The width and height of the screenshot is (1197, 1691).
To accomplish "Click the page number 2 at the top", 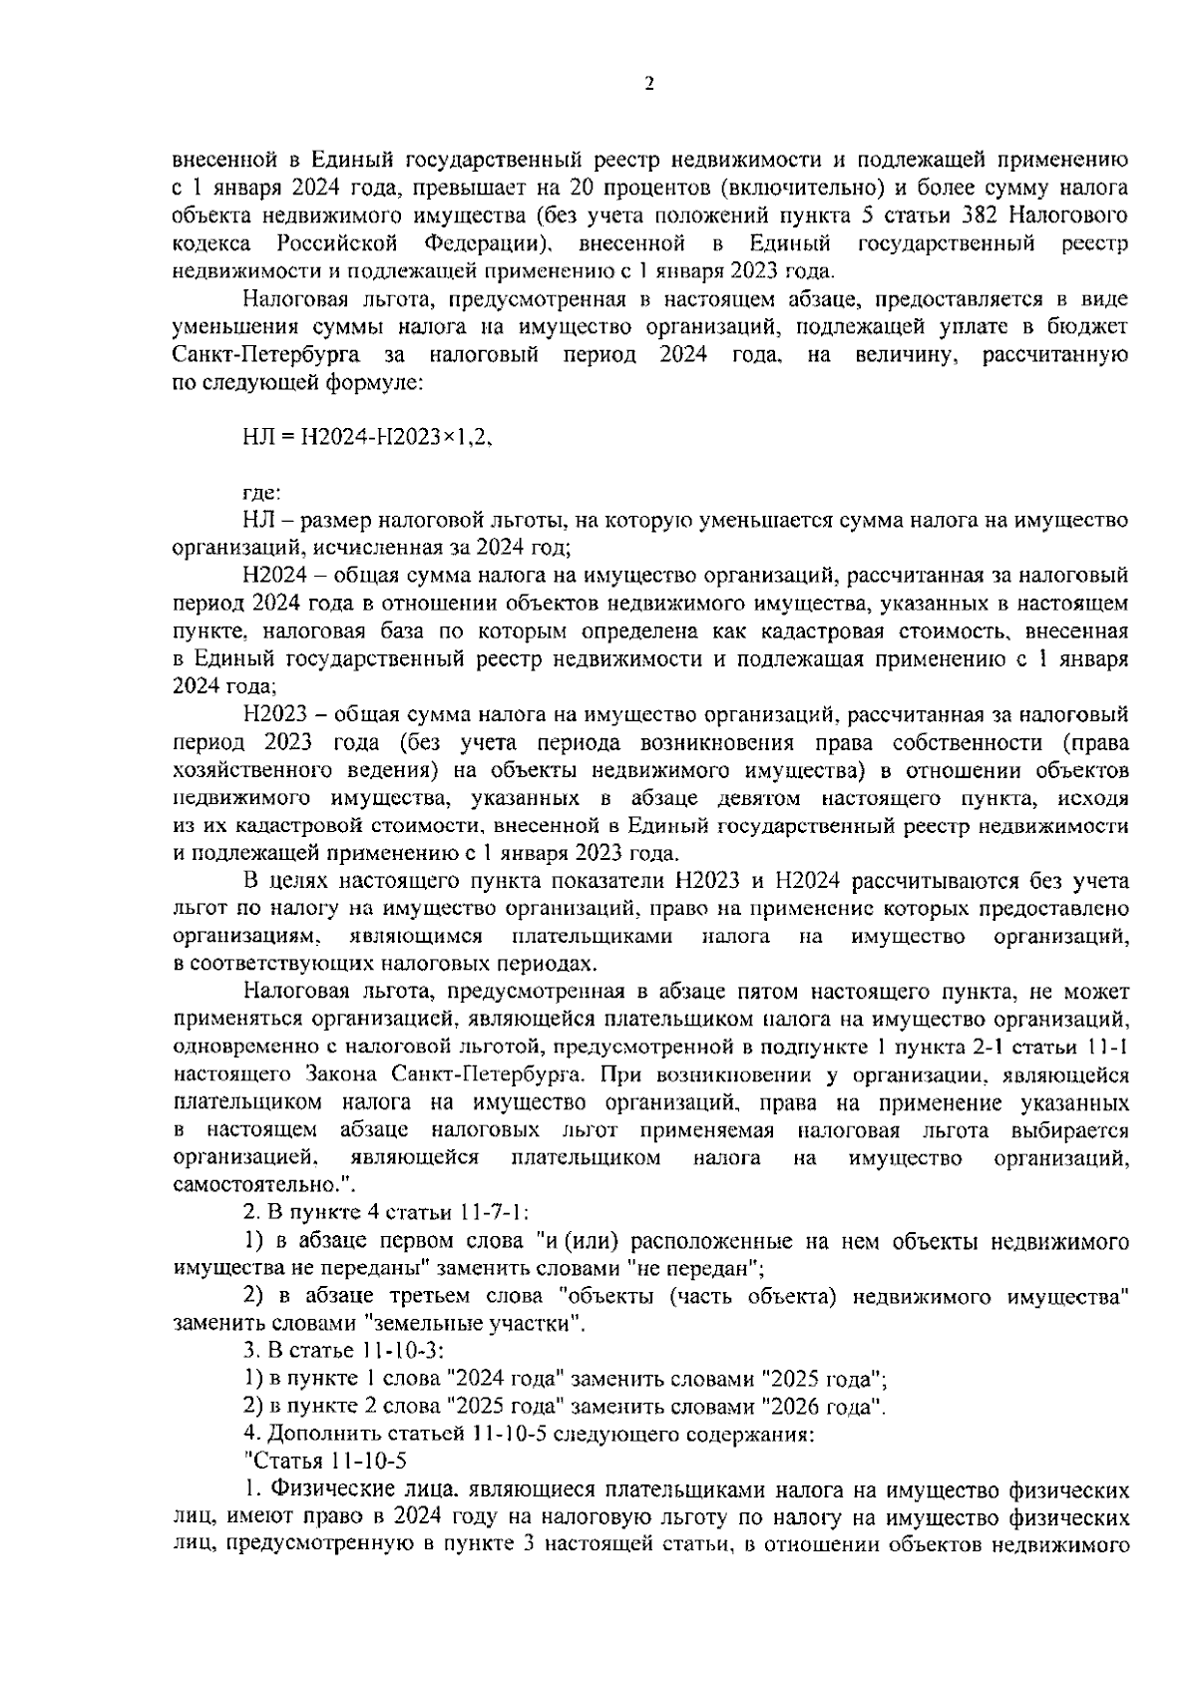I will click(x=649, y=85).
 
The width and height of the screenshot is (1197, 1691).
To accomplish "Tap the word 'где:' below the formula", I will click(x=262, y=492).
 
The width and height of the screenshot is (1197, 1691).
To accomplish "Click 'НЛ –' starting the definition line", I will click(x=263, y=520).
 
